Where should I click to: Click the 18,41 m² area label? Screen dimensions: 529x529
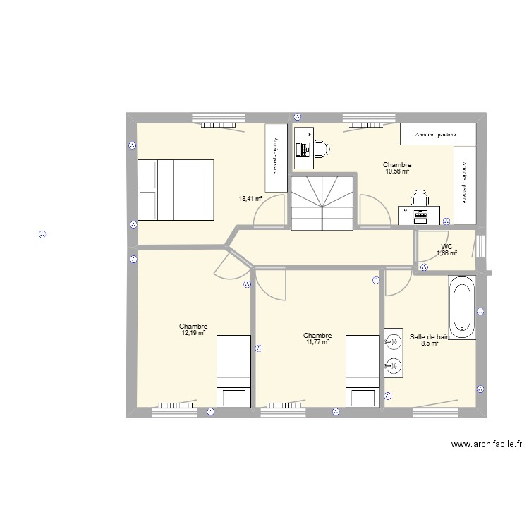click(250, 199)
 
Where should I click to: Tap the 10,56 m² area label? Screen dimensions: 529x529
click(397, 171)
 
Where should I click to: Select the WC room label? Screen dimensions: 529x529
click(446, 247)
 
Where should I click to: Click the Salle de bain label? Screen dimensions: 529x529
click(429, 337)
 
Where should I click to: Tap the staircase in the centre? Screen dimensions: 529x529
click(322, 202)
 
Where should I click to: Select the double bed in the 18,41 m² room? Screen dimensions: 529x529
click(176, 190)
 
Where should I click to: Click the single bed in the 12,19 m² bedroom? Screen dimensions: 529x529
click(233, 370)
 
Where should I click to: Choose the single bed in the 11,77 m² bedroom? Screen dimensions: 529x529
click(363, 370)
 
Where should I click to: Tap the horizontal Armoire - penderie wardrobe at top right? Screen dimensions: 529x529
click(436, 134)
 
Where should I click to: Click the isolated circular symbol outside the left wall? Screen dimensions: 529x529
click(42, 234)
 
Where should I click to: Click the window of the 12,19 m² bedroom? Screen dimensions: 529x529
click(181, 406)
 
